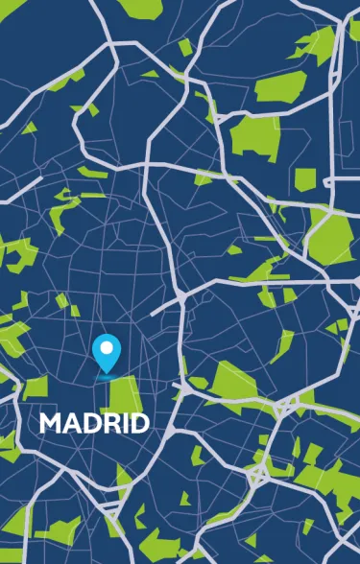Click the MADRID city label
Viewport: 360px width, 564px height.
[x=94, y=423]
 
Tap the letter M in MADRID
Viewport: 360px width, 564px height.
[x=51, y=423]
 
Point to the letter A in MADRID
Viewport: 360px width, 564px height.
[x=72, y=423]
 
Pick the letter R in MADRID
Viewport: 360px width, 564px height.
[x=109, y=423]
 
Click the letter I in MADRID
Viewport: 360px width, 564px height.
[x=123, y=423]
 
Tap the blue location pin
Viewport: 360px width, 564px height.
[x=108, y=352]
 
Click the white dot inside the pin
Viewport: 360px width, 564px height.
[x=108, y=347]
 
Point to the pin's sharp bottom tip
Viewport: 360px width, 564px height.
[x=108, y=372]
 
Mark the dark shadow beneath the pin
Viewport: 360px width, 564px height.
[x=108, y=377]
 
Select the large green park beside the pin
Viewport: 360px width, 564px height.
[x=129, y=395]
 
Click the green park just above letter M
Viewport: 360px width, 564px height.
[x=36, y=387]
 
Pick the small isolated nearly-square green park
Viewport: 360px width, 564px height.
[x=304, y=178]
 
